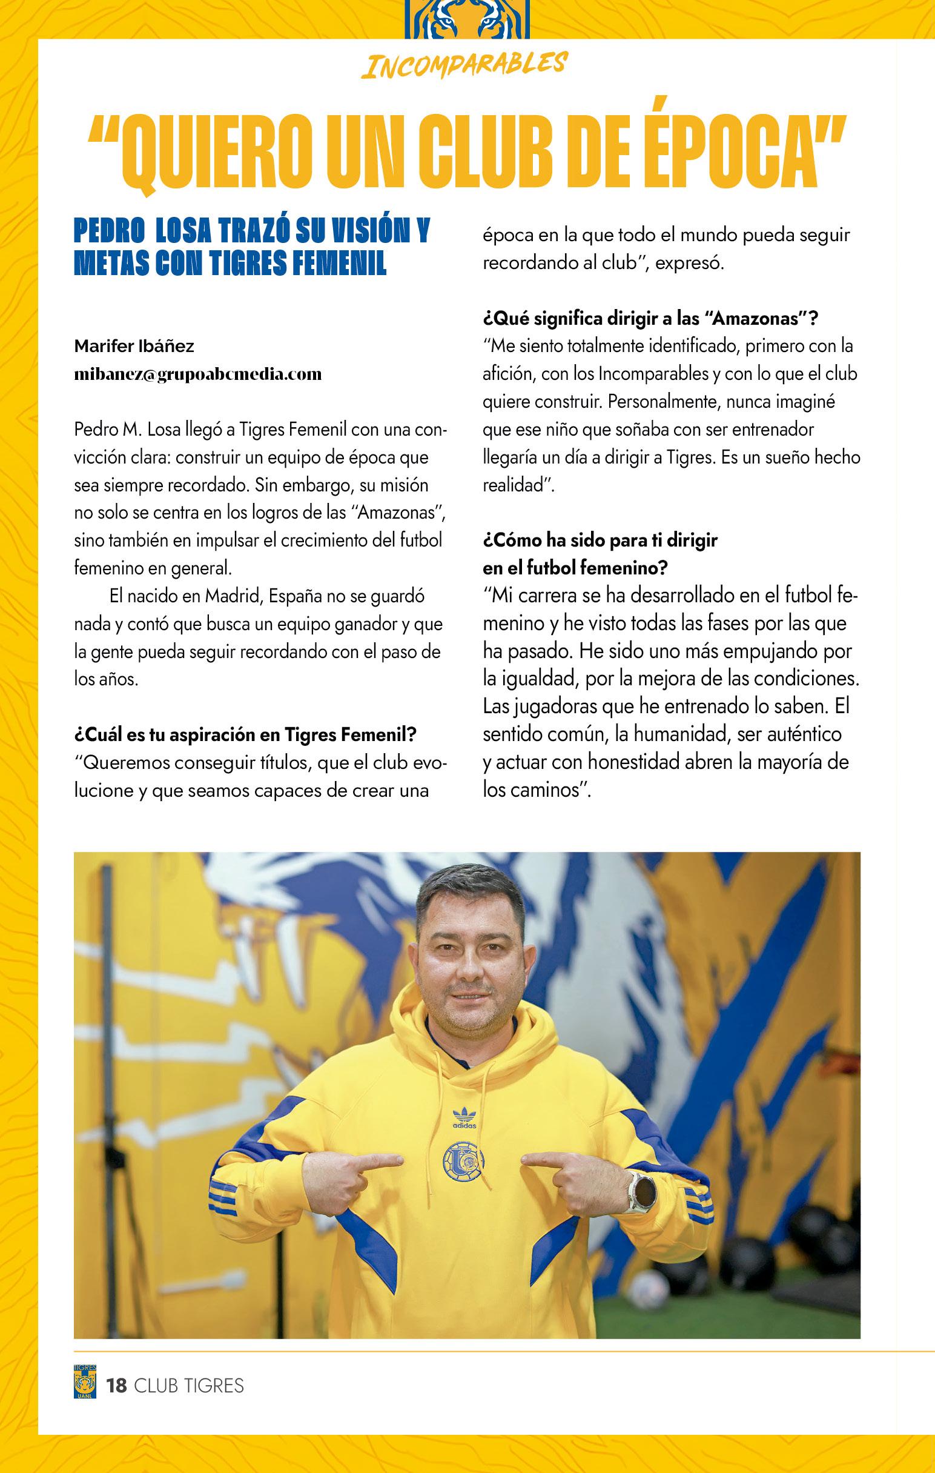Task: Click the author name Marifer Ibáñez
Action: click(x=134, y=346)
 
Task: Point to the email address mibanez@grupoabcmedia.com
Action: click(x=197, y=374)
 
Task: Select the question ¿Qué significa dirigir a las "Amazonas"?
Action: click(x=651, y=318)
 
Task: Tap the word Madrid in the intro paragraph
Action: click(x=230, y=595)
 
